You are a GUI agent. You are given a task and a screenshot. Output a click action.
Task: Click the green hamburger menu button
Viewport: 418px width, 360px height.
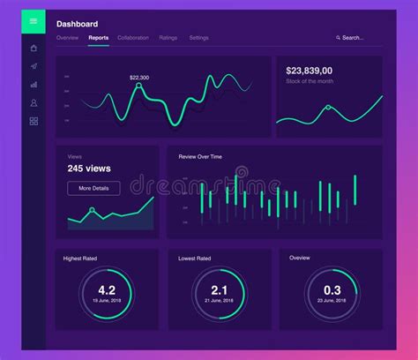[34, 21]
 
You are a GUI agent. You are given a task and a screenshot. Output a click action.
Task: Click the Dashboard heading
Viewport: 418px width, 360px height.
[78, 24]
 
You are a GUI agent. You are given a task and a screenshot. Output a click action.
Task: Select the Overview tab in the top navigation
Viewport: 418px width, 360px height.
[67, 38]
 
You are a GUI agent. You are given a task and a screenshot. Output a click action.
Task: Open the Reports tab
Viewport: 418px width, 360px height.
[99, 38]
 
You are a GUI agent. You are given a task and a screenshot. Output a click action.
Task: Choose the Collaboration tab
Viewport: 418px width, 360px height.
[133, 38]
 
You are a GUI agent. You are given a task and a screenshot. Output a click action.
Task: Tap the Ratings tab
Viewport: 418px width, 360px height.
[168, 38]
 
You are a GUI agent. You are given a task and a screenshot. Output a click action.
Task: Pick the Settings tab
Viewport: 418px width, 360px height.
[199, 38]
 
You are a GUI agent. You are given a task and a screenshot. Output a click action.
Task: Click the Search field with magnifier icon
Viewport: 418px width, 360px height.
[350, 38]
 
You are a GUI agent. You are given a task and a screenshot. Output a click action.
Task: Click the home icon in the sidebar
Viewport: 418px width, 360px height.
[34, 49]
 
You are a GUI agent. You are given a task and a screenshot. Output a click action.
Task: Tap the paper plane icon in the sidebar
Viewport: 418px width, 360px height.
[34, 66]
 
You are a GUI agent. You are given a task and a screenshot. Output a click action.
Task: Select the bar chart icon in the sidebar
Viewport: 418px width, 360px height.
[34, 85]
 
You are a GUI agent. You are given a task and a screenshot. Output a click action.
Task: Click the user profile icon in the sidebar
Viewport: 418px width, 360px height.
[34, 102]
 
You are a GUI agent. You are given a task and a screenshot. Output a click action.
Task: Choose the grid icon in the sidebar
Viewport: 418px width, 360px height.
[34, 121]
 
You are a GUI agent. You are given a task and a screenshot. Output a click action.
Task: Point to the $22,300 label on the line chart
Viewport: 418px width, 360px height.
[139, 78]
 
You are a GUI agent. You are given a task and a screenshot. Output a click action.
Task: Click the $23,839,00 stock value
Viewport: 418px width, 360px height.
[310, 71]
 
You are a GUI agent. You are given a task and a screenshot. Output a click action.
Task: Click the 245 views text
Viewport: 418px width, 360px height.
[88, 169]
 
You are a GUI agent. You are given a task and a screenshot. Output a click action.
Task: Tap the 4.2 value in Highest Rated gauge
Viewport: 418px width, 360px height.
[107, 290]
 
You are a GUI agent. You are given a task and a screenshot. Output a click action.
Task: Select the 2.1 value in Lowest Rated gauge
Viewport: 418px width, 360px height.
[220, 290]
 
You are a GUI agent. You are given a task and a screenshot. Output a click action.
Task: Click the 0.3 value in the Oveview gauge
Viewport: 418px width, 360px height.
[332, 290]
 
